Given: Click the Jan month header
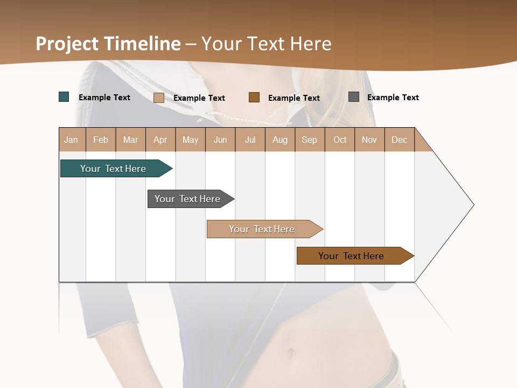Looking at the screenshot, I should click(x=72, y=140).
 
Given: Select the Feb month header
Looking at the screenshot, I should click(x=101, y=140).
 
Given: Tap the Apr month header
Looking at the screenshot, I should click(x=160, y=140).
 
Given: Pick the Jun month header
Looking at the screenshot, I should click(x=220, y=140).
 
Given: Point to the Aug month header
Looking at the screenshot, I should click(x=280, y=140).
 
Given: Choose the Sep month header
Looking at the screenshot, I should click(x=310, y=140).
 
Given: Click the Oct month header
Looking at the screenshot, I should click(x=340, y=140).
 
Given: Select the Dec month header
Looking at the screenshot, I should click(x=400, y=140).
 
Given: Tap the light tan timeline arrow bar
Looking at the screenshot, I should click(x=263, y=229).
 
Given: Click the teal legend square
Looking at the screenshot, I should click(x=64, y=97).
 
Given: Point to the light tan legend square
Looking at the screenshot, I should click(x=159, y=98).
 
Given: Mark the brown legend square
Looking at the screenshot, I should click(x=254, y=98).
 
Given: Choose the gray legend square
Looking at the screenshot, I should click(x=354, y=97).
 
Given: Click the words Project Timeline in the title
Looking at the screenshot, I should click(x=108, y=44).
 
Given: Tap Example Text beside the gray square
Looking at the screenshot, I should click(x=393, y=98).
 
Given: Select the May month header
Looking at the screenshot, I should click(x=190, y=140).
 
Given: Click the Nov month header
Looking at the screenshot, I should click(x=369, y=140).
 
